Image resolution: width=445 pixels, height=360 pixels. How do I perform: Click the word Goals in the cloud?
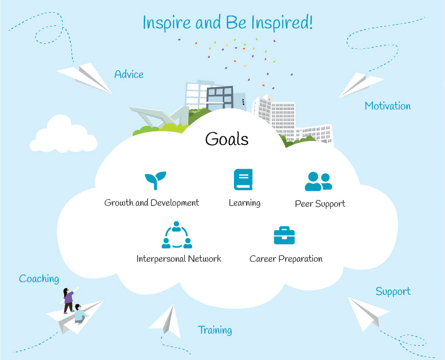[227, 139]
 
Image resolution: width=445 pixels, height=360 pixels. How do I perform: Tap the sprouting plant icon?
[155, 181]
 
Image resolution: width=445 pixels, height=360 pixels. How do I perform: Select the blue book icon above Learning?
[243, 179]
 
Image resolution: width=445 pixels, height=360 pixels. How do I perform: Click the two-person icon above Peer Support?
[319, 181]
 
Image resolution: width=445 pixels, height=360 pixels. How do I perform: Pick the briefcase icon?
[284, 235]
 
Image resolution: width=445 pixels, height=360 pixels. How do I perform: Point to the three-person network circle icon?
[177, 235]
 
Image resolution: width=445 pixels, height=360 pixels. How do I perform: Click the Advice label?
[129, 74]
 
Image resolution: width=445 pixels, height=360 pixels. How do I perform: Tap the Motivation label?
[388, 106]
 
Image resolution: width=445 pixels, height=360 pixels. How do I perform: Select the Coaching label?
[39, 279]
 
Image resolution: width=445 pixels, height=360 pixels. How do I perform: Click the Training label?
[215, 330]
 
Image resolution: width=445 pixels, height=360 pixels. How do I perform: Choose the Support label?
[393, 292]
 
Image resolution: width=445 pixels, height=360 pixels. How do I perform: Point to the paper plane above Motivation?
[360, 85]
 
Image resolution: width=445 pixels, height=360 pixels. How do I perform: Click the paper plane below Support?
[368, 314]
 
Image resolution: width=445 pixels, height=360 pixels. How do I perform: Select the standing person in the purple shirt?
[68, 300]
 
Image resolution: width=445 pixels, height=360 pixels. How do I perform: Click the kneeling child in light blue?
[80, 314]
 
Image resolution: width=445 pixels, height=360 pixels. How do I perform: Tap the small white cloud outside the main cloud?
[64, 134]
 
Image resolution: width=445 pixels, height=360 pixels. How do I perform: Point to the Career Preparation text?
[286, 259]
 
